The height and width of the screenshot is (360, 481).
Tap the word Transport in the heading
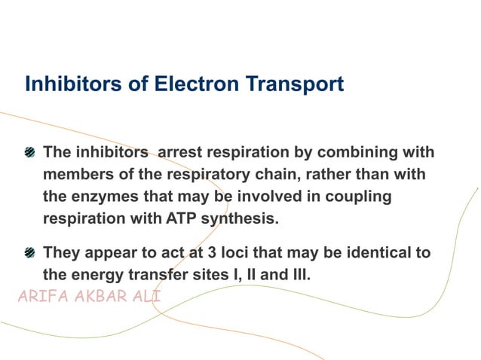pyautogui.click(x=294, y=84)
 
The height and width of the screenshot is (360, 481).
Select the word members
pyautogui.click(x=79, y=175)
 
